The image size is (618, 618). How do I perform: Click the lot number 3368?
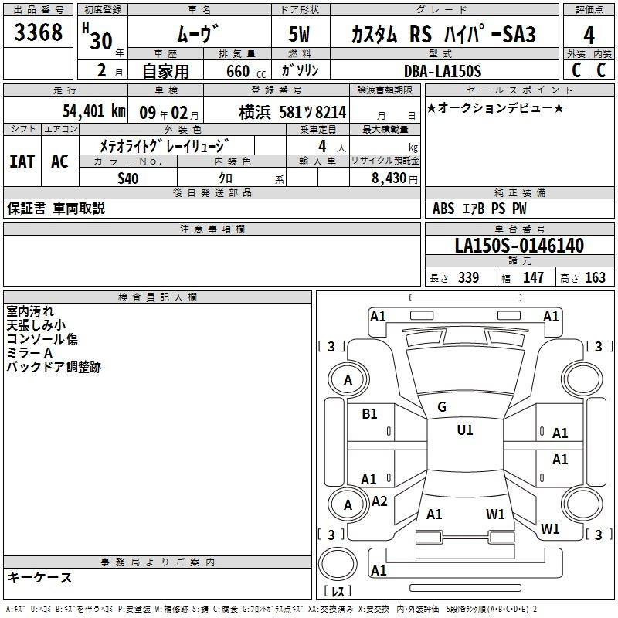38,32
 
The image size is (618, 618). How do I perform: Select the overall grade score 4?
589,35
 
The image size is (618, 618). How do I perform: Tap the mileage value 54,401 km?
94,111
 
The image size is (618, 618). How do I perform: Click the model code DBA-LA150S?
443,71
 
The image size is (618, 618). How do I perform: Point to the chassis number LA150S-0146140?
519,245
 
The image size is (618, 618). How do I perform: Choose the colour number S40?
128,178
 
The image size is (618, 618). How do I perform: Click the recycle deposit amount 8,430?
389,178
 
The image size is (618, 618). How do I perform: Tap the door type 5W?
299,34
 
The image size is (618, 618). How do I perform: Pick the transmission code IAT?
22,161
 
